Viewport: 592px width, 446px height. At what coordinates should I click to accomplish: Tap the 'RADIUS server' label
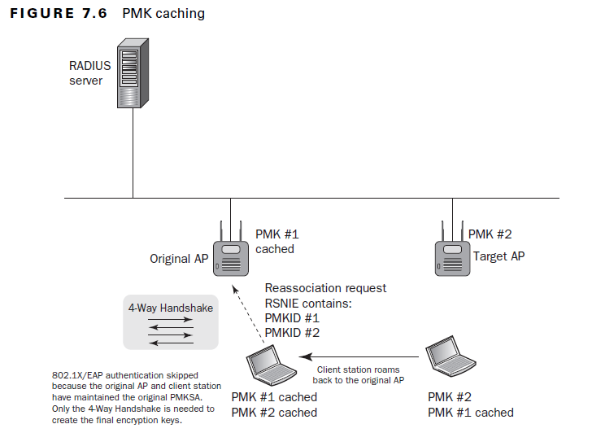click(x=89, y=73)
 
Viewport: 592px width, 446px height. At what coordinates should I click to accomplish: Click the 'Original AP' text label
click(x=179, y=260)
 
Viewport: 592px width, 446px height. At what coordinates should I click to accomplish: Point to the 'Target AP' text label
click(x=498, y=256)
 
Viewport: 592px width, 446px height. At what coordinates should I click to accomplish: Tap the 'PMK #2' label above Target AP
click(x=490, y=234)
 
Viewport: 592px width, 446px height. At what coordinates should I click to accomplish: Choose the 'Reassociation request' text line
click(x=325, y=288)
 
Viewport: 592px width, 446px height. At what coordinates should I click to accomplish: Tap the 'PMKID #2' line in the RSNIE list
click(x=292, y=333)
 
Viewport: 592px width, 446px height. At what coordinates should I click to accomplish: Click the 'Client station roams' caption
click(x=359, y=369)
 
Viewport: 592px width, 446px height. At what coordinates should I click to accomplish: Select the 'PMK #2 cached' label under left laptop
click(x=274, y=412)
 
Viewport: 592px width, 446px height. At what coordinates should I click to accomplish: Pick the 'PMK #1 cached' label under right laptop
click(x=471, y=412)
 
